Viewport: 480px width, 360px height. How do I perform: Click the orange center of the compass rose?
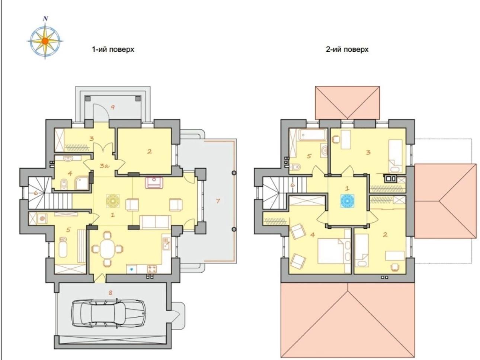click(x=45, y=41)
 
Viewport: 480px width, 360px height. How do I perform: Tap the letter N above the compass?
click(x=45, y=19)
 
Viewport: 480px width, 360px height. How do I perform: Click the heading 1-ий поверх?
click(x=113, y=49)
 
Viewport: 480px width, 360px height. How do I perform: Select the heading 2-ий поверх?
click(x=347, y=49)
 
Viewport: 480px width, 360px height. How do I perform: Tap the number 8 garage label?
click(x=111, y=292)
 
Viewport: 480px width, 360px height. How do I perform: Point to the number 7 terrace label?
click(x=218, y=201)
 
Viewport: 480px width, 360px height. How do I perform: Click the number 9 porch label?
click(x=113, y=107)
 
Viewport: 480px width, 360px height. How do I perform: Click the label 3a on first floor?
click(x=105, y=166)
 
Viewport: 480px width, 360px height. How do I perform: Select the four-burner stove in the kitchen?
click(x=152, y=269)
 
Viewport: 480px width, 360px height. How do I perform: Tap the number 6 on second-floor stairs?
click(x=292, y=185)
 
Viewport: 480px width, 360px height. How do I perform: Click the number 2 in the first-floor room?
click(x=149, y=151)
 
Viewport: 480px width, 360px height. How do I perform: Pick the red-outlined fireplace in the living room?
click(x=154, y=183)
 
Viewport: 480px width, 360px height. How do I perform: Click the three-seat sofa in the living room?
click(x=155, y=222)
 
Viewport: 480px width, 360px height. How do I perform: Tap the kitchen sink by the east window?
click(x=166, y=244)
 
